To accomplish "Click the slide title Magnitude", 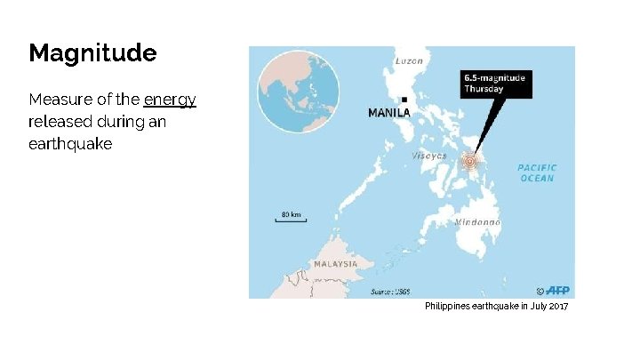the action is point(92,53).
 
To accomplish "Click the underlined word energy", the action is point(170,100).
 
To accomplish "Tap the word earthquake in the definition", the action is point(70,144).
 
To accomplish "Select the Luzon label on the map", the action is point(408,60).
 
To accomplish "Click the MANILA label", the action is point(389,113).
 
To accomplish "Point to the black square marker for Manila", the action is point(404,100).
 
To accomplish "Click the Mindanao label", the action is point(477,221).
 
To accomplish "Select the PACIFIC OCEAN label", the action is point(537,172).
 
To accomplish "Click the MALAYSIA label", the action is point(335,264).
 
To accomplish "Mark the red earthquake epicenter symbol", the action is point(470,161).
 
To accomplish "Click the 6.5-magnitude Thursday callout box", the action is point(495,84).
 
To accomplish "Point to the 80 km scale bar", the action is point(291,217).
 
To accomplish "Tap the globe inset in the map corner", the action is point(299,90).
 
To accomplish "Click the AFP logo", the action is point(557,290).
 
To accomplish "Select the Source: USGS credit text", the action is point(391,292).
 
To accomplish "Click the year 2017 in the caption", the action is point(557,306).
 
